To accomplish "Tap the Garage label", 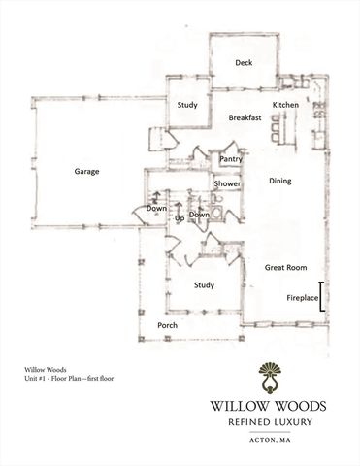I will click(x=87, y=172).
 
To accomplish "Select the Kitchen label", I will click(x=284, y=103).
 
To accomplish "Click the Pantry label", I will click(x=230, y=158).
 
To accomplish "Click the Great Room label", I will click(x=286, y=266).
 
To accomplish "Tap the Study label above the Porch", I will click(x=204, y=284).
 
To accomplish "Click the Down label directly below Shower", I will click(x=199, y=215).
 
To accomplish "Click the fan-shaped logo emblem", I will click(x=270, y=374).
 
